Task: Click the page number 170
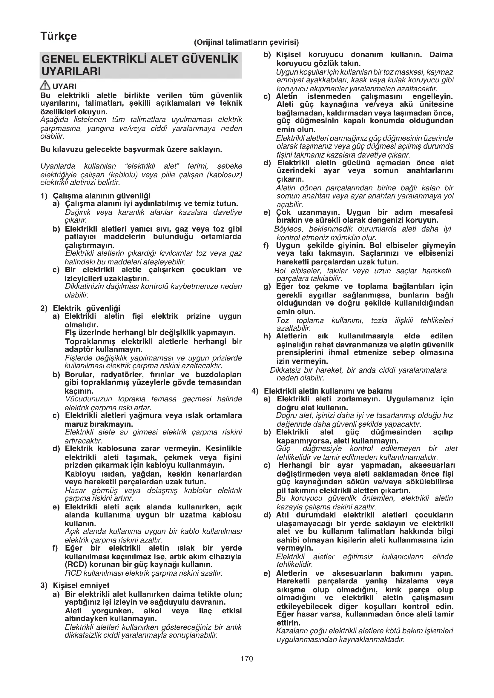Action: click(x=246, y=659)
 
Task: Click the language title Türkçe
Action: click(x=59, y=36)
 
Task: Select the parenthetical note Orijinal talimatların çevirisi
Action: click(x=246, y=42)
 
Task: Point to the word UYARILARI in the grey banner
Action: click(x=71, y=72)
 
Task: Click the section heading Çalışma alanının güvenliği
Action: click(x=102, y=196)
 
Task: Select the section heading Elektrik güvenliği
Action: click(x=86, y=308)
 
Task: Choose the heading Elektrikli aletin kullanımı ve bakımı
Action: click(x=328, y=391)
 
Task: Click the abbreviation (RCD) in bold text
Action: click(x=76, y=565)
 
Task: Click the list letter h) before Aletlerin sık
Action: click(x=267, y=336)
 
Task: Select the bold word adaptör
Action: click(x=79, y=349)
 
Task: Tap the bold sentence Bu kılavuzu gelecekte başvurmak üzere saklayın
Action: click(x=131, y=150)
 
